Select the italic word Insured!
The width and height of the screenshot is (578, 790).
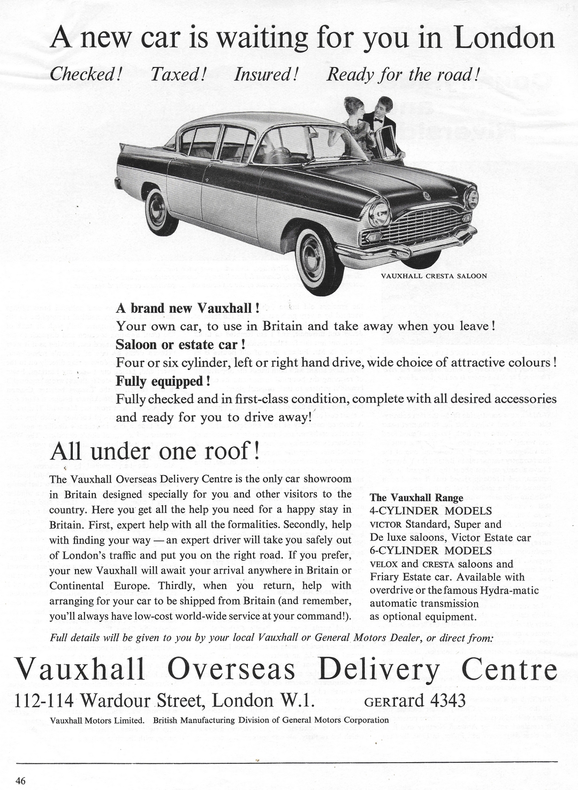(265, 74)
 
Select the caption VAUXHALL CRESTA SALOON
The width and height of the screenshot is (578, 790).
(433, 276)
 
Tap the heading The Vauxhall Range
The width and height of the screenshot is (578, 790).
(416, 498)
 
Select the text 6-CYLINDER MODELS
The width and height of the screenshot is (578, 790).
(431, 551)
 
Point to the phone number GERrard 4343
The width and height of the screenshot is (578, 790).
(415, 700)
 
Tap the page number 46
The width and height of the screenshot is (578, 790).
(20, 781)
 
